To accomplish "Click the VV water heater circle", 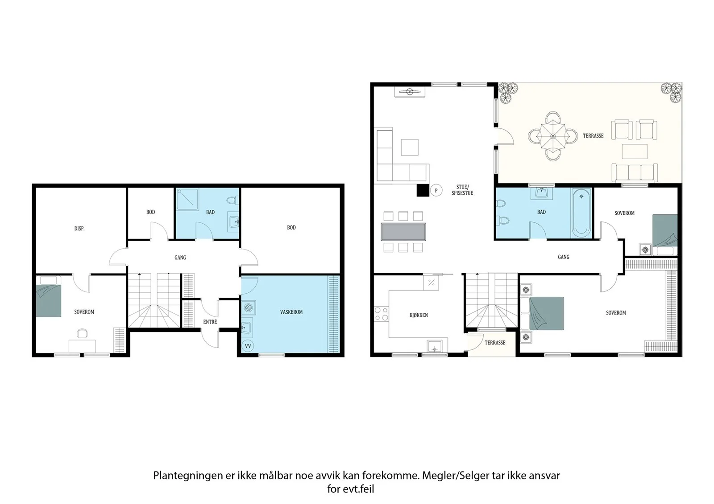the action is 248,346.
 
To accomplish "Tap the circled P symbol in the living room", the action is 436,190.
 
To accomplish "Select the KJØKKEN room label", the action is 419,315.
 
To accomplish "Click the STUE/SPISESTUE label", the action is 462,190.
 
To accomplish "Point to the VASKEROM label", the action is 291,312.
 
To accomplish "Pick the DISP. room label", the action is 79,228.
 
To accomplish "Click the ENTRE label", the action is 210,322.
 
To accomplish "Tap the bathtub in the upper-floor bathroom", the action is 581,213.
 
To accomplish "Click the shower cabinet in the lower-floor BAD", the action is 188,199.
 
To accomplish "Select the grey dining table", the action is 403,231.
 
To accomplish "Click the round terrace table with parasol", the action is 553,136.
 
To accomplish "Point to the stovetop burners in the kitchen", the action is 381,314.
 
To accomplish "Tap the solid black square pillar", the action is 423,190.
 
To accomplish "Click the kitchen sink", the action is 434,346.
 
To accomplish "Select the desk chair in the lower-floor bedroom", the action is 82,333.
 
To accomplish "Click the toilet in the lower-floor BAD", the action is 232,201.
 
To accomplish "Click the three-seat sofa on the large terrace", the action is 635,172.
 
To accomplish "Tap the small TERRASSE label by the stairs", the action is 495,343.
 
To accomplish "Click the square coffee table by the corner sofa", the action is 410,148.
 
